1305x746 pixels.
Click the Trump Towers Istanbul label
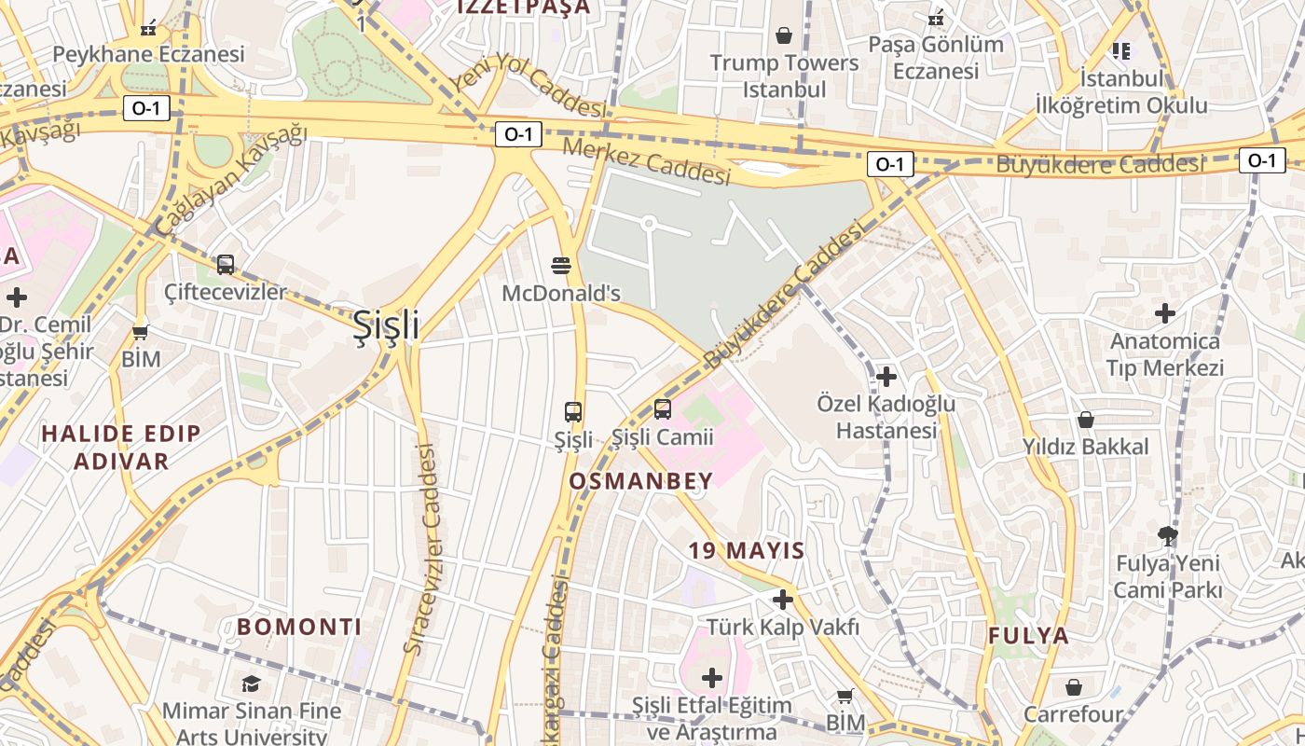coord(784,76)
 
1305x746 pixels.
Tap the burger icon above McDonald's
coord(561,266)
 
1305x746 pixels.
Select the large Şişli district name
coord(386,325)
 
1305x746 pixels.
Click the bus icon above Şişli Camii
coord(662,408)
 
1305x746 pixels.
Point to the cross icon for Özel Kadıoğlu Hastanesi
coord(886,377)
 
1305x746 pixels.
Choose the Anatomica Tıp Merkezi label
coord(1164,354)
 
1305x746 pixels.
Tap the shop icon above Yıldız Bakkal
coord(1085,420)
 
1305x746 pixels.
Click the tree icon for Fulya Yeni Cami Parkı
coord(1167,535)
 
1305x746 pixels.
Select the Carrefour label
coord(1073,715)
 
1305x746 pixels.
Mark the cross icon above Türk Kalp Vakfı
coord(783,600)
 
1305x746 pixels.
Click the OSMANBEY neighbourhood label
coord(640,481)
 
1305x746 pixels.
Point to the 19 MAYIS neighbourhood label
coord(747,550)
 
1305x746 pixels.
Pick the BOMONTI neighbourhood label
coord(299,627)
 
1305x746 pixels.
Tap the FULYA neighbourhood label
coord(1029,636)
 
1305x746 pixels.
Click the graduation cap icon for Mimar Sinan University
coord(251,684)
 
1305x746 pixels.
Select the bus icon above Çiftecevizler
coord(226,264)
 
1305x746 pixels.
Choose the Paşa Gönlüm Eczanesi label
coord(936,57)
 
